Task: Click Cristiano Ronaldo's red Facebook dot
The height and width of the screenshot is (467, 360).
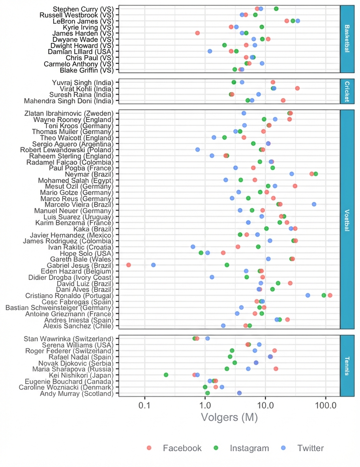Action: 330,295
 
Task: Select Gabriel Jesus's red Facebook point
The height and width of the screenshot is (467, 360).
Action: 128,265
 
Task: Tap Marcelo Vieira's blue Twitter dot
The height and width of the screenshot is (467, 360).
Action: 314,204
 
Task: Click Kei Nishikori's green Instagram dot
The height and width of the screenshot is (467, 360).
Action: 166,375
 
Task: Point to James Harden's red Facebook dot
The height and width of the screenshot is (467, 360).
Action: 197,33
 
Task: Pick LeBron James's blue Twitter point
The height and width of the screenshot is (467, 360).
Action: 298,21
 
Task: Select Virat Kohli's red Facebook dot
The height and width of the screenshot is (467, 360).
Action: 297,88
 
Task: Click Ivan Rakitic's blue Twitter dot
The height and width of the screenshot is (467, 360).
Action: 193,247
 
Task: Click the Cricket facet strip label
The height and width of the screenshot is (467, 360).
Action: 347,92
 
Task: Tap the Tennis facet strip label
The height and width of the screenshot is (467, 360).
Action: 347,366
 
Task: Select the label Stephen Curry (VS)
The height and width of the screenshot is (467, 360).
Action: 83,9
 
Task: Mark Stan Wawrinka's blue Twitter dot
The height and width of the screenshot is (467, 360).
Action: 207,338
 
